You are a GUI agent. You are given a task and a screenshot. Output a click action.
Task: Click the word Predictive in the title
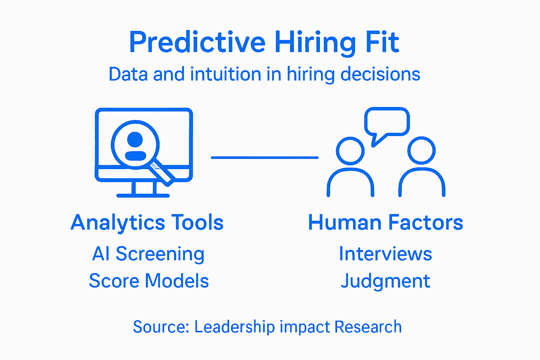[x=197, y=42]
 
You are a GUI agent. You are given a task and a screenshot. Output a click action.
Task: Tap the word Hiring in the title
[x=315, y=42]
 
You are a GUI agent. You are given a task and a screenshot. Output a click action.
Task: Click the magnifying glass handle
[x=161, y=172]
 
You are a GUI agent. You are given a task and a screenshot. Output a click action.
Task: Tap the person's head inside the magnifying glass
[x=135, y=139]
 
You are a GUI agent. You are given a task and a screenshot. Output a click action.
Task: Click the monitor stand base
[x=143, y=195]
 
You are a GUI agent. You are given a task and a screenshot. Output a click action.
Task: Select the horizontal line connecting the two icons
[x=264, y=157]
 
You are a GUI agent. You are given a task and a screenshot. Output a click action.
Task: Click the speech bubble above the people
[x=387, y=121]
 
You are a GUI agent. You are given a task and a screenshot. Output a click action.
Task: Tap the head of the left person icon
[x=350, y=150]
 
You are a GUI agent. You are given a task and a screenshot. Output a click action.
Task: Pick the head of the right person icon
[x=422, y=150]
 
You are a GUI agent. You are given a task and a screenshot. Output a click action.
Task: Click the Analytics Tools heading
[x=147, y=223]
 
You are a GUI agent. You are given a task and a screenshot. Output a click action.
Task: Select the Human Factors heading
[x=385, y=223]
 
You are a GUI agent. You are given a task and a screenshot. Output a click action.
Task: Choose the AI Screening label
[x=148, y=254]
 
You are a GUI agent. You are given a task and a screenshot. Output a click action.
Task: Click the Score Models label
[x=149, y=281]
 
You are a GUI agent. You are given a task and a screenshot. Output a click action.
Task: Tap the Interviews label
[x=385, y=254]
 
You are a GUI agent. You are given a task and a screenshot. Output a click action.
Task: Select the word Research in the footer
[x=368, y=327]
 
